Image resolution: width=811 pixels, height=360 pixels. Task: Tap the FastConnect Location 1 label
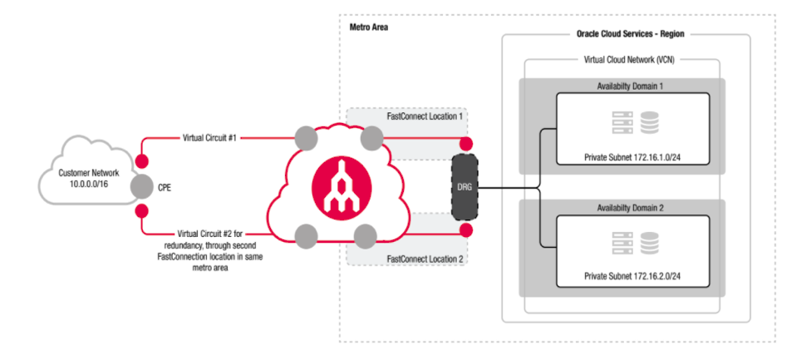click(425, 117)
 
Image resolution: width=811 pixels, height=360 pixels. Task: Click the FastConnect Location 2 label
click(425, 259)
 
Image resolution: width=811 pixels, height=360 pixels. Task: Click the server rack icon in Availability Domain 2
click(622, 244)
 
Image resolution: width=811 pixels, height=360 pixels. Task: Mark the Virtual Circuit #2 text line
click(212, 235)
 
